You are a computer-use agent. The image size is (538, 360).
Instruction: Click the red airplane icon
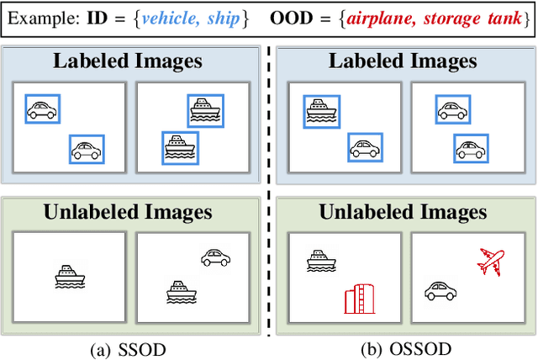[491, 261]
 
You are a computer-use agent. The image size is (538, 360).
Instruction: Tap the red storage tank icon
[358, 299]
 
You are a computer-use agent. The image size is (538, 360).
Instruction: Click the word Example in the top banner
[42, 19]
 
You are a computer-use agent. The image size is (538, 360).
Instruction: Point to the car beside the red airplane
[440, 291]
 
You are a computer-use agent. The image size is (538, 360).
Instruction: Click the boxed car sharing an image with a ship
[363, 149]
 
